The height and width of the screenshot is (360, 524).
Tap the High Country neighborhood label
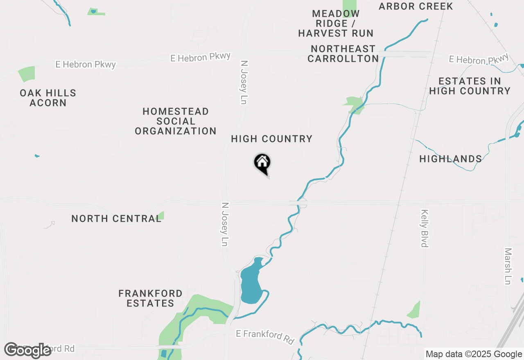click(271, 139)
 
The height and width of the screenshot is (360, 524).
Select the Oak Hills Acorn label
click(48, 98)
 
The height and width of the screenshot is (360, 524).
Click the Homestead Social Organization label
click(176, 121)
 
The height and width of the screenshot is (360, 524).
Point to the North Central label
click(116, 218)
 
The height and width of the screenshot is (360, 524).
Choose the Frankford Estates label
click(150, 298)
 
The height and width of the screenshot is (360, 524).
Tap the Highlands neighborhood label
click(450, 159)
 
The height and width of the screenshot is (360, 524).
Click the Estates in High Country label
click(470, 86)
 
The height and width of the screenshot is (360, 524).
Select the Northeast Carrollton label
click(343, 54)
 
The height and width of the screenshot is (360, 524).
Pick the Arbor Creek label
click(416, 6)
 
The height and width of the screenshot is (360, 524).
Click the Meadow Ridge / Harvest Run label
click(336, 24)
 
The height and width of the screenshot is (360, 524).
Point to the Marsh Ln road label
click(508, 266)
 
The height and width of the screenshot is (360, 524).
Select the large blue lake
click(251, 282)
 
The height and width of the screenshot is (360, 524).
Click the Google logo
click(28, 350)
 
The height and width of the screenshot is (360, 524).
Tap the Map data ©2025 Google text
click(474, 354)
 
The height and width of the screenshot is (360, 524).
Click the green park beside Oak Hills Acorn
click(27, 74)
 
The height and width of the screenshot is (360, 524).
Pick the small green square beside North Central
click(161, 215)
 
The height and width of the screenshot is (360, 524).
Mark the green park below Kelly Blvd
click(414, 310)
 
